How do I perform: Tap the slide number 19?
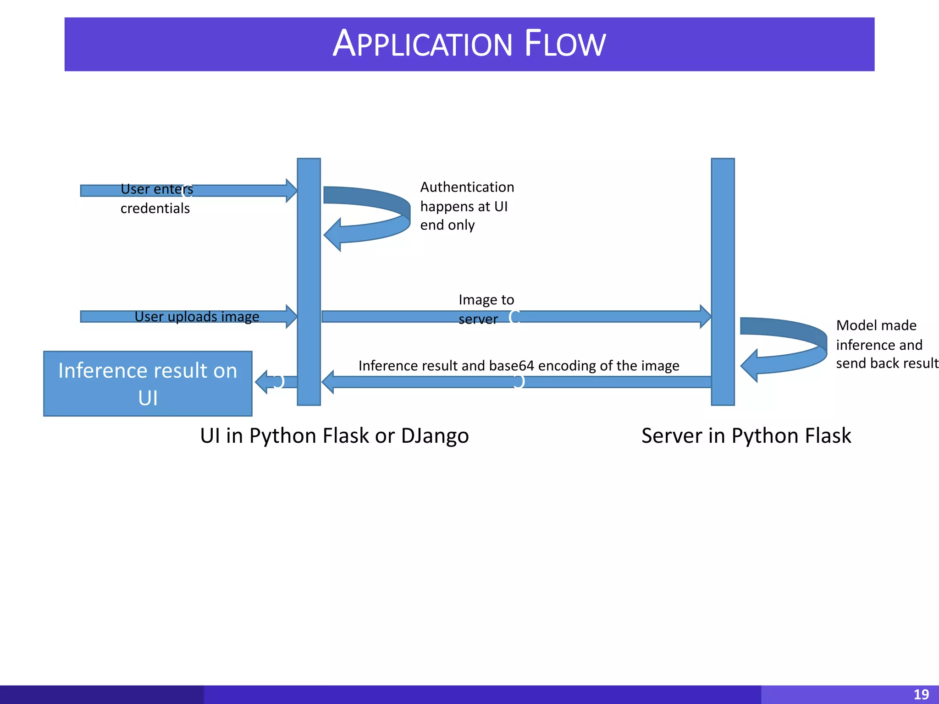point(921,694)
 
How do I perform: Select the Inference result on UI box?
point(148,384)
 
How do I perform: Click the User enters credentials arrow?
point(238,191)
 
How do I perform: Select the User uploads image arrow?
point(275,316)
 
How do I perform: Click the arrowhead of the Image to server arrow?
point(705,316)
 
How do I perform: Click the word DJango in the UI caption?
point(435,435)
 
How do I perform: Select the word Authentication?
point(467,187)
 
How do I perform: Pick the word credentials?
point(155,209)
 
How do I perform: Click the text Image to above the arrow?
point(486,300)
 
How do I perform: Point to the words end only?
point(447,225)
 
